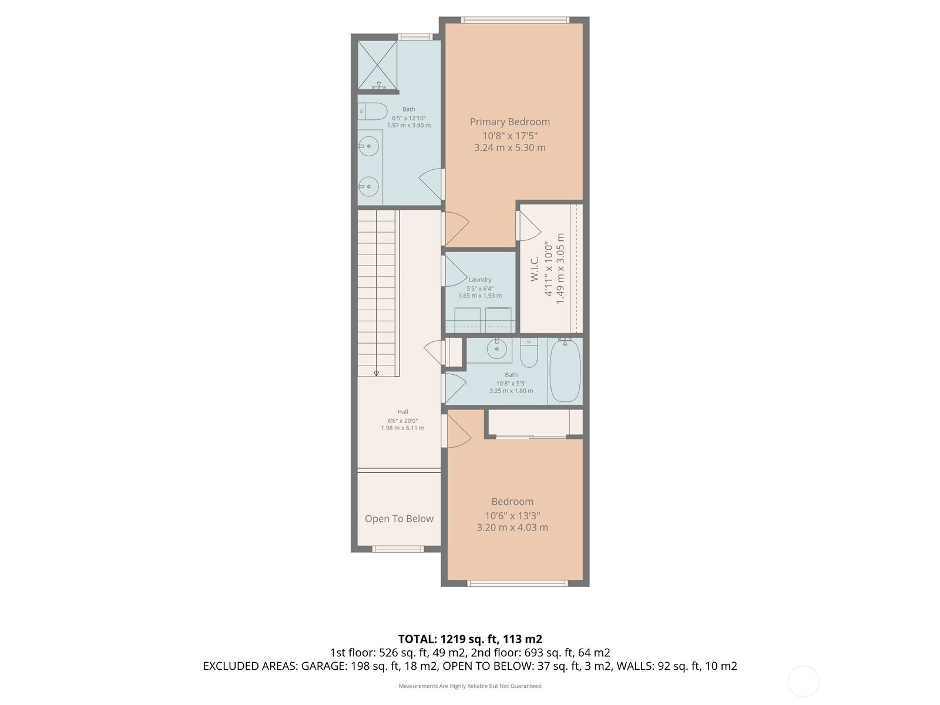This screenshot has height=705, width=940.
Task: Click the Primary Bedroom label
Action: [x=509, y=122]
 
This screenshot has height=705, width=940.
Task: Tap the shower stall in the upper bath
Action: [x=377, y=65]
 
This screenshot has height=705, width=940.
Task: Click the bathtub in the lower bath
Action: [x=565, y=371]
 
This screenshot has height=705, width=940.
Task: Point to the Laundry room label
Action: [x=479, y=280]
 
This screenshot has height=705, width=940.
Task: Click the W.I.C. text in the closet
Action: [x=534, y=269]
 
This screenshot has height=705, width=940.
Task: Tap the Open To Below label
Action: [x=399, y=519]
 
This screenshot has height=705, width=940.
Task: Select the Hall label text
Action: [x=402, y=412]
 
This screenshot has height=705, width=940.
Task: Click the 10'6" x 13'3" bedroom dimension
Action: [x=513, y=516]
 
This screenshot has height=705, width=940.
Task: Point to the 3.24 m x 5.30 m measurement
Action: [x=509, y=147]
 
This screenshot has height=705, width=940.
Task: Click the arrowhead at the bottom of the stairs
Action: [x=376, y=374]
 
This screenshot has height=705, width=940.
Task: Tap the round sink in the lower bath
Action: [x=497, y=350]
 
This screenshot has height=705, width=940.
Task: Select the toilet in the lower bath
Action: [x=529, y=352]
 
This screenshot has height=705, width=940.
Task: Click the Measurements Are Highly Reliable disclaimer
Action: [x=470, y=686]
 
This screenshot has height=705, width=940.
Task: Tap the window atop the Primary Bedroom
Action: [x=515, y=20]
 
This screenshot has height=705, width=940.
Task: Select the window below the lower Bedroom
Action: [x=518, y=583]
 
